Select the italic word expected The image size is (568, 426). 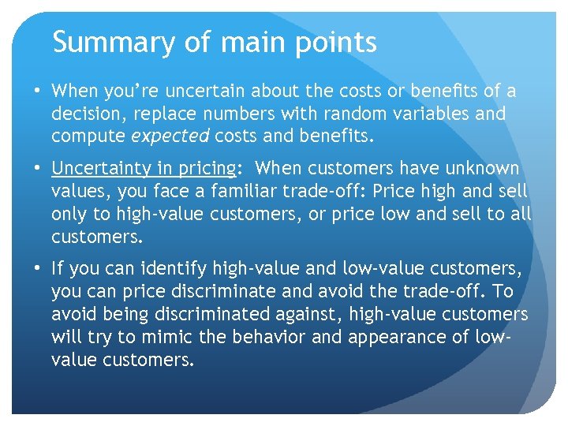(170, 136)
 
